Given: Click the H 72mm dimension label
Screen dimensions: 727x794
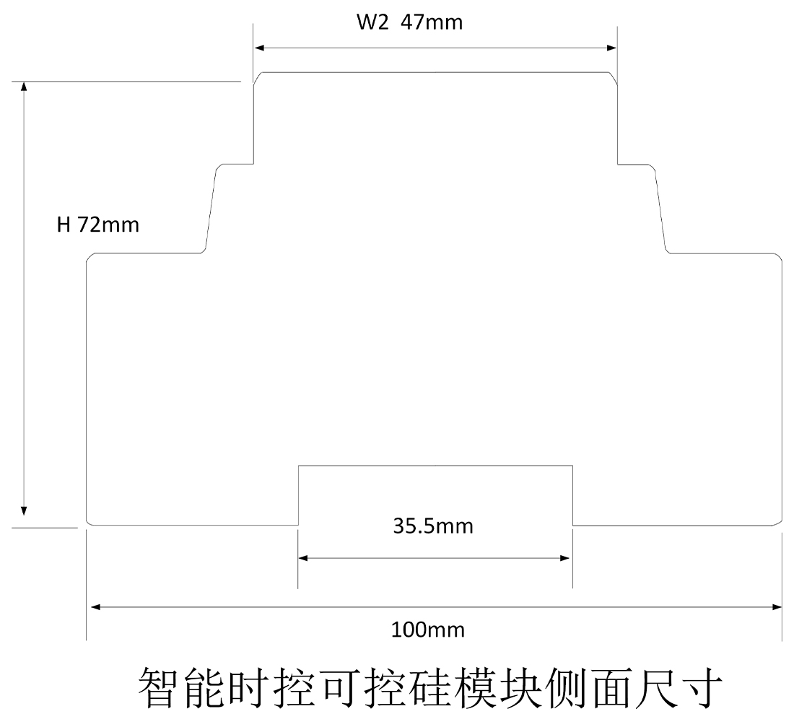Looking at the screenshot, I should [98, 225].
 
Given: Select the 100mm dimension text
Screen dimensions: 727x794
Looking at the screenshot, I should [428, 630].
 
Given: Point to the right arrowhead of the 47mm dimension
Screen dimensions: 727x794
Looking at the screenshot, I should [611, 48].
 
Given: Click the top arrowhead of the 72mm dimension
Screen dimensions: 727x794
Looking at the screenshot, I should [25, 86].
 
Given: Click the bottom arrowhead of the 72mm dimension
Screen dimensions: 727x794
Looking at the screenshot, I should [25, 510].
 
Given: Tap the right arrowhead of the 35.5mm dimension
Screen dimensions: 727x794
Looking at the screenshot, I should [567, 558].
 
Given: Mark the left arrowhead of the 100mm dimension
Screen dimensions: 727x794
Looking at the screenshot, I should [95, 607].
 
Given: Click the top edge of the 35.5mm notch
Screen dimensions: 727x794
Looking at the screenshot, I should [436, 466].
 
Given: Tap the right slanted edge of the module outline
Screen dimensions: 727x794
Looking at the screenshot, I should [660, 209].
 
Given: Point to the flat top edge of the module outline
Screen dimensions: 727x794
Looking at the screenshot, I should [436, 72].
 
